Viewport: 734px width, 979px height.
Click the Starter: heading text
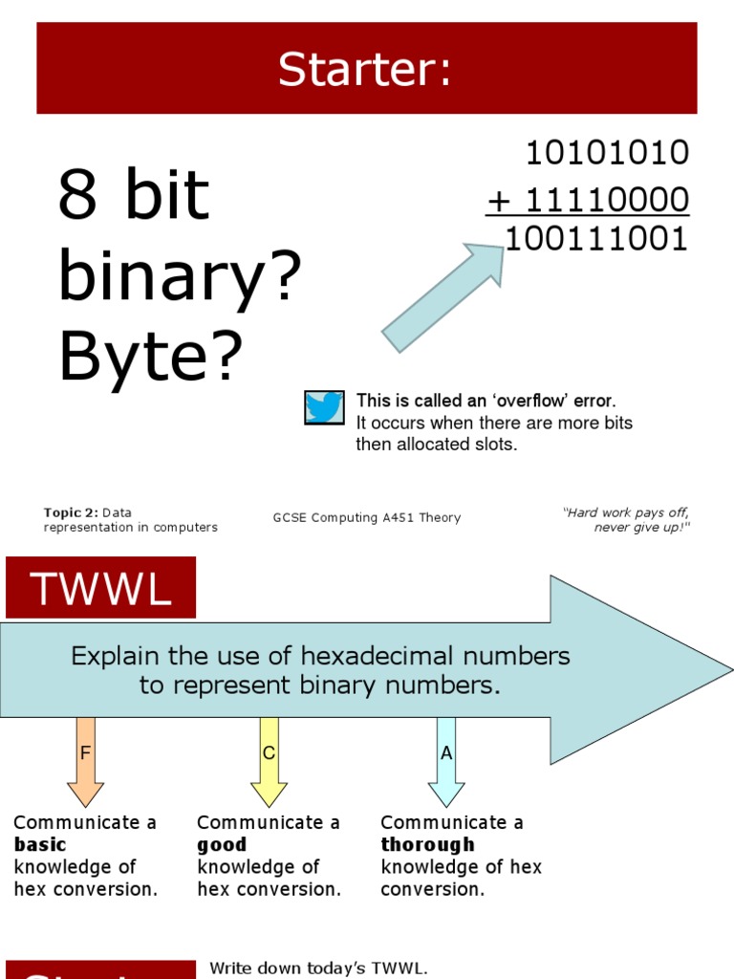[x=365, y=70]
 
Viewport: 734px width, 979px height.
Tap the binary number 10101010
[x=607, y=152]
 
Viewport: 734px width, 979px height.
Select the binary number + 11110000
[x=588, y=201]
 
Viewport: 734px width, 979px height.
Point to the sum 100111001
[x=596, y=239]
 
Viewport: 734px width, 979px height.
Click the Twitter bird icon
[x=324, y=407]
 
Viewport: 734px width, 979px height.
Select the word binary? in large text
[x=180, y=277]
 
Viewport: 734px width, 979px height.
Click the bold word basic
[x=40, y=845]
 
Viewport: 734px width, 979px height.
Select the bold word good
[x=222, y=845]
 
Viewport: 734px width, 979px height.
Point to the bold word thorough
[x=427, y=845]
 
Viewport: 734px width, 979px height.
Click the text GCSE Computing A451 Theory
[x=367, y=518]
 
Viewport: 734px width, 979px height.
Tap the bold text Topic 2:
[x=71, y=512]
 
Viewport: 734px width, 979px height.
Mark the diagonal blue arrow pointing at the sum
[x=443, y=297]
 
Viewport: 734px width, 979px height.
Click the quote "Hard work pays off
[x=626, y=513]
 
